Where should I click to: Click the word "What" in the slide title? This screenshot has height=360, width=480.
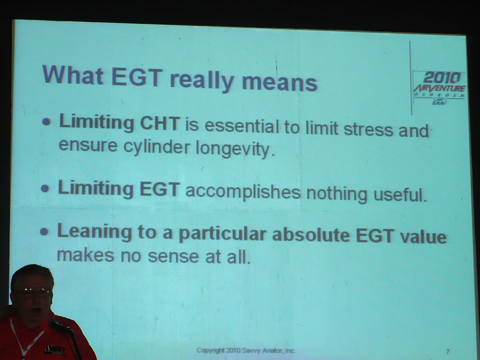[x=73, y=75]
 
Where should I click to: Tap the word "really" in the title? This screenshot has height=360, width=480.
[x=202, y=80]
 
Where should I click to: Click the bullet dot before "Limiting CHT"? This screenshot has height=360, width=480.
[x=46, y=122]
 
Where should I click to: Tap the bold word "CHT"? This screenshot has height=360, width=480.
[x=160, y=124]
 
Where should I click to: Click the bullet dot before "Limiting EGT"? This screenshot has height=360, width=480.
[x=45, y=188]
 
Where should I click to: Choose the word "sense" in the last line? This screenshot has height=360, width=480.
[x=173, y=256]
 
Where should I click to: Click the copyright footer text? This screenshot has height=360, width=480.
[x=246, y=350]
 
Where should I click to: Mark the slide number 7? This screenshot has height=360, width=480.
[x=448, y=351]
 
